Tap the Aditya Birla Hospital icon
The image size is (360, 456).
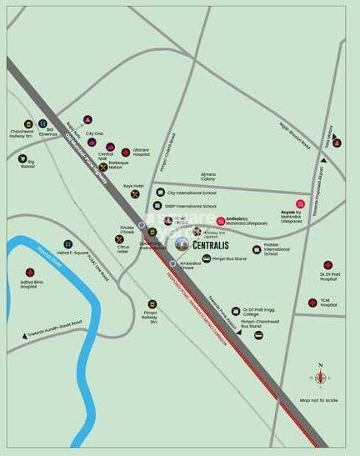30,273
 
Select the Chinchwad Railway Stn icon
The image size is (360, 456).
27,124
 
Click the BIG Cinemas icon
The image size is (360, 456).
49,123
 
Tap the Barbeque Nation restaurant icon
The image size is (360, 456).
103,167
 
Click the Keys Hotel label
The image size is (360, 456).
134,186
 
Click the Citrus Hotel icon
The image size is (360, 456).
120,239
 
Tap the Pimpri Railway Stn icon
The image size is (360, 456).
152,304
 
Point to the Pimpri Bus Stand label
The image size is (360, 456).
229,260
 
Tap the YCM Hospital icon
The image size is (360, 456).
312,303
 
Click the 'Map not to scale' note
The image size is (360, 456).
318,401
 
